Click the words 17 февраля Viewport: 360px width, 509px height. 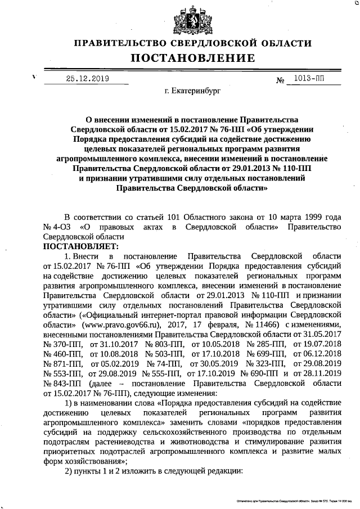(213, 325)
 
